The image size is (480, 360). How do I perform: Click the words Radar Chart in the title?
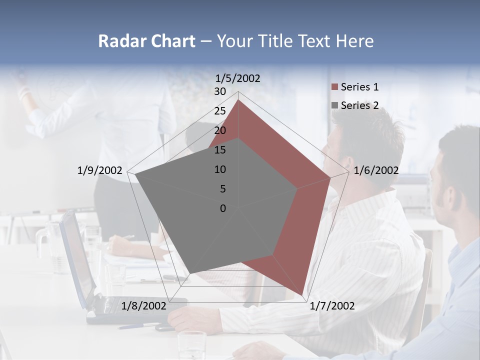point(146,41)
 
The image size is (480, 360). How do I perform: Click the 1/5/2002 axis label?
point(238,78)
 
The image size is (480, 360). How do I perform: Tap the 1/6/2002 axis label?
point(376,170)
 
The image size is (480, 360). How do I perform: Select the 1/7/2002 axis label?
point(332,306)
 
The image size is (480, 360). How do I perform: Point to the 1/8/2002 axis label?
point(144,306)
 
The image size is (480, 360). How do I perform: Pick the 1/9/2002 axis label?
point(99,170)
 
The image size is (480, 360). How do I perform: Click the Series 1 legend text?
point(359,87)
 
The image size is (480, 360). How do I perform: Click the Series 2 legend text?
point(359,105)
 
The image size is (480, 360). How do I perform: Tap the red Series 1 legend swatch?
point(335,87)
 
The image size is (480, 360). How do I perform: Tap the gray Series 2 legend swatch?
point(335,105)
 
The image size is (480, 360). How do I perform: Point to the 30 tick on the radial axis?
point(219,91)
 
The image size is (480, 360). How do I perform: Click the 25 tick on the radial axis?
point(219,111)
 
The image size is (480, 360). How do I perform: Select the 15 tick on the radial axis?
point(219,150)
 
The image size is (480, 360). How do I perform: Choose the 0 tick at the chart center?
point(222,208)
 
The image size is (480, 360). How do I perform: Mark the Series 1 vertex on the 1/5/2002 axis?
point(238,100)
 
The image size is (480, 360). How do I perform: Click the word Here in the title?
point(354,41)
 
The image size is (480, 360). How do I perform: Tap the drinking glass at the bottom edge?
point(192,345)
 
